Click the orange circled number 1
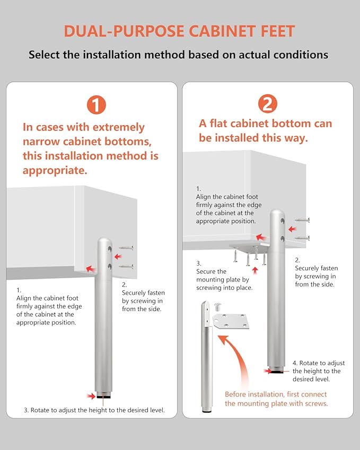click(x=96, y=105)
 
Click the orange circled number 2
click(x=268, y=103)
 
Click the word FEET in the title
click(x=278, y=31)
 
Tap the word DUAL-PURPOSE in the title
click(x=124, y=31)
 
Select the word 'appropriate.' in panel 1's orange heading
click(x=55, y=171)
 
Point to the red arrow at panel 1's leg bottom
click(x=91, y=396)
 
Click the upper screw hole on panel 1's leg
click(x=110, y=249)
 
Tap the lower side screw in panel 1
click(x=126, y=266)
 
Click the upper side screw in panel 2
click(x=302, y=220)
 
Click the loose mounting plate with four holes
click(x=231, y=321)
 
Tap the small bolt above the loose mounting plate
click(x=217, y=307)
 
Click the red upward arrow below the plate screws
click(x=255, y=270)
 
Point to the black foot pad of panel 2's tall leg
click(x=276, y=372)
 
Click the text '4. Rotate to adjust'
click(x=319, y=363)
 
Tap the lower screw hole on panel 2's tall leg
click(x=283, y=239)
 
